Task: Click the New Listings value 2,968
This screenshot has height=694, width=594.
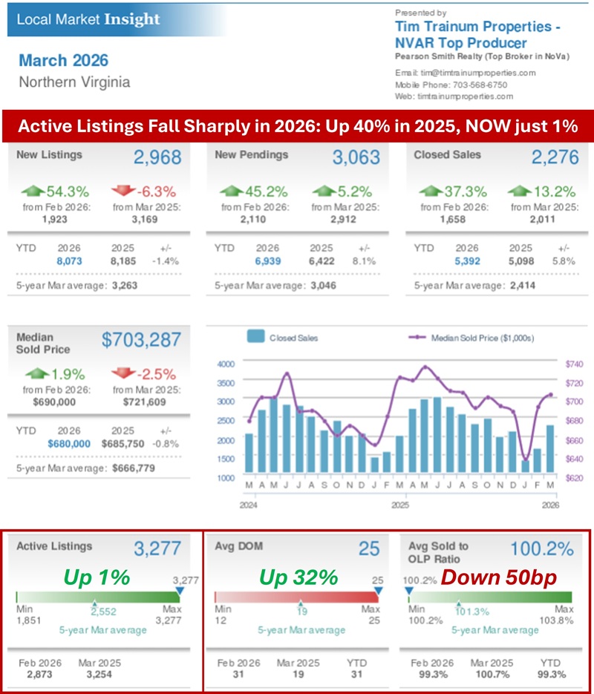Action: (158, 157)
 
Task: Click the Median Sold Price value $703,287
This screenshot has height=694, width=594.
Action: (141, 341)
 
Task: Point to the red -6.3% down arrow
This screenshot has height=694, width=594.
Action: (124, 191)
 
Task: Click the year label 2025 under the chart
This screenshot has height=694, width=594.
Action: (400, 505)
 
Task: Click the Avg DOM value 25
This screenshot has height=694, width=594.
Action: (369, 549)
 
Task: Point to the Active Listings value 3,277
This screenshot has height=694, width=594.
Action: (157, 549)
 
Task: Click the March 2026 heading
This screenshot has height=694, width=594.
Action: (64, 61)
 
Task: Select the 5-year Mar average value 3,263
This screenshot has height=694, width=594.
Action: (133, 285)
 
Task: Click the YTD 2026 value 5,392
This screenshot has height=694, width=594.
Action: (457, 261)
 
